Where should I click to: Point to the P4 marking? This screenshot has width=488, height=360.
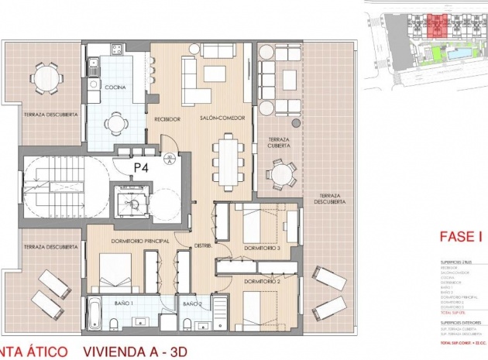[141, 166]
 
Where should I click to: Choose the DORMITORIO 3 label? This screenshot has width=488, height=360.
[260, 249]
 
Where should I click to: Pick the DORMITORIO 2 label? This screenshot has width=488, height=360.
[261, 281]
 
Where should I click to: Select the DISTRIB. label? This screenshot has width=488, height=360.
[202, 239]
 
